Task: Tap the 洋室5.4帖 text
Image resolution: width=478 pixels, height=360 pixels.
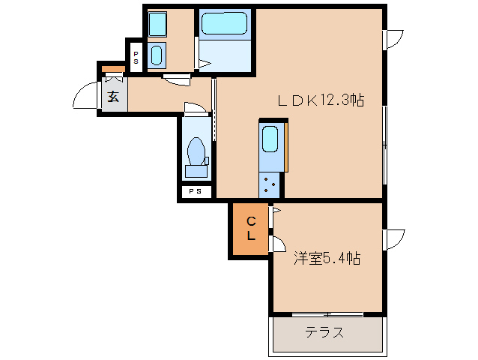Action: click(x=327, y=259)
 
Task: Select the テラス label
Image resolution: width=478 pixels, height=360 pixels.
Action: click(x=324, y=332)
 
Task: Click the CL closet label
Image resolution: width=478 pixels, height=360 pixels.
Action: click(x=252, y=227)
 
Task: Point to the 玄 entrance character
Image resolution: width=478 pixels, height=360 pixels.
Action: click(x=113, y=96)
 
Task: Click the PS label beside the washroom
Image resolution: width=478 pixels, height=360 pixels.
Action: click(x=136, y=57)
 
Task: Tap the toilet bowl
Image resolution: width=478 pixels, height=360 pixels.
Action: click(x=197, y=152)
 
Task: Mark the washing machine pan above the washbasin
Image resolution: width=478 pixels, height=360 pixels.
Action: click(x=157, y=25)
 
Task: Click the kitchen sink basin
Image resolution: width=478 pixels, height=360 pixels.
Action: click(x=270, y=139)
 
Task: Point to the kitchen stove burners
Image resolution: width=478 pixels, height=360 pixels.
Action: click(x=270, y=182)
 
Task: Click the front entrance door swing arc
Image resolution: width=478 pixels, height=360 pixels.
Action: click(x=84, y=97)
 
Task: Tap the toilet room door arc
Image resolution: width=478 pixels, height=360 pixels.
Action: click(x=194, y=108)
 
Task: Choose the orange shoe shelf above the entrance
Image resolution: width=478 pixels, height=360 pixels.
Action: click(x=113, y=70)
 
